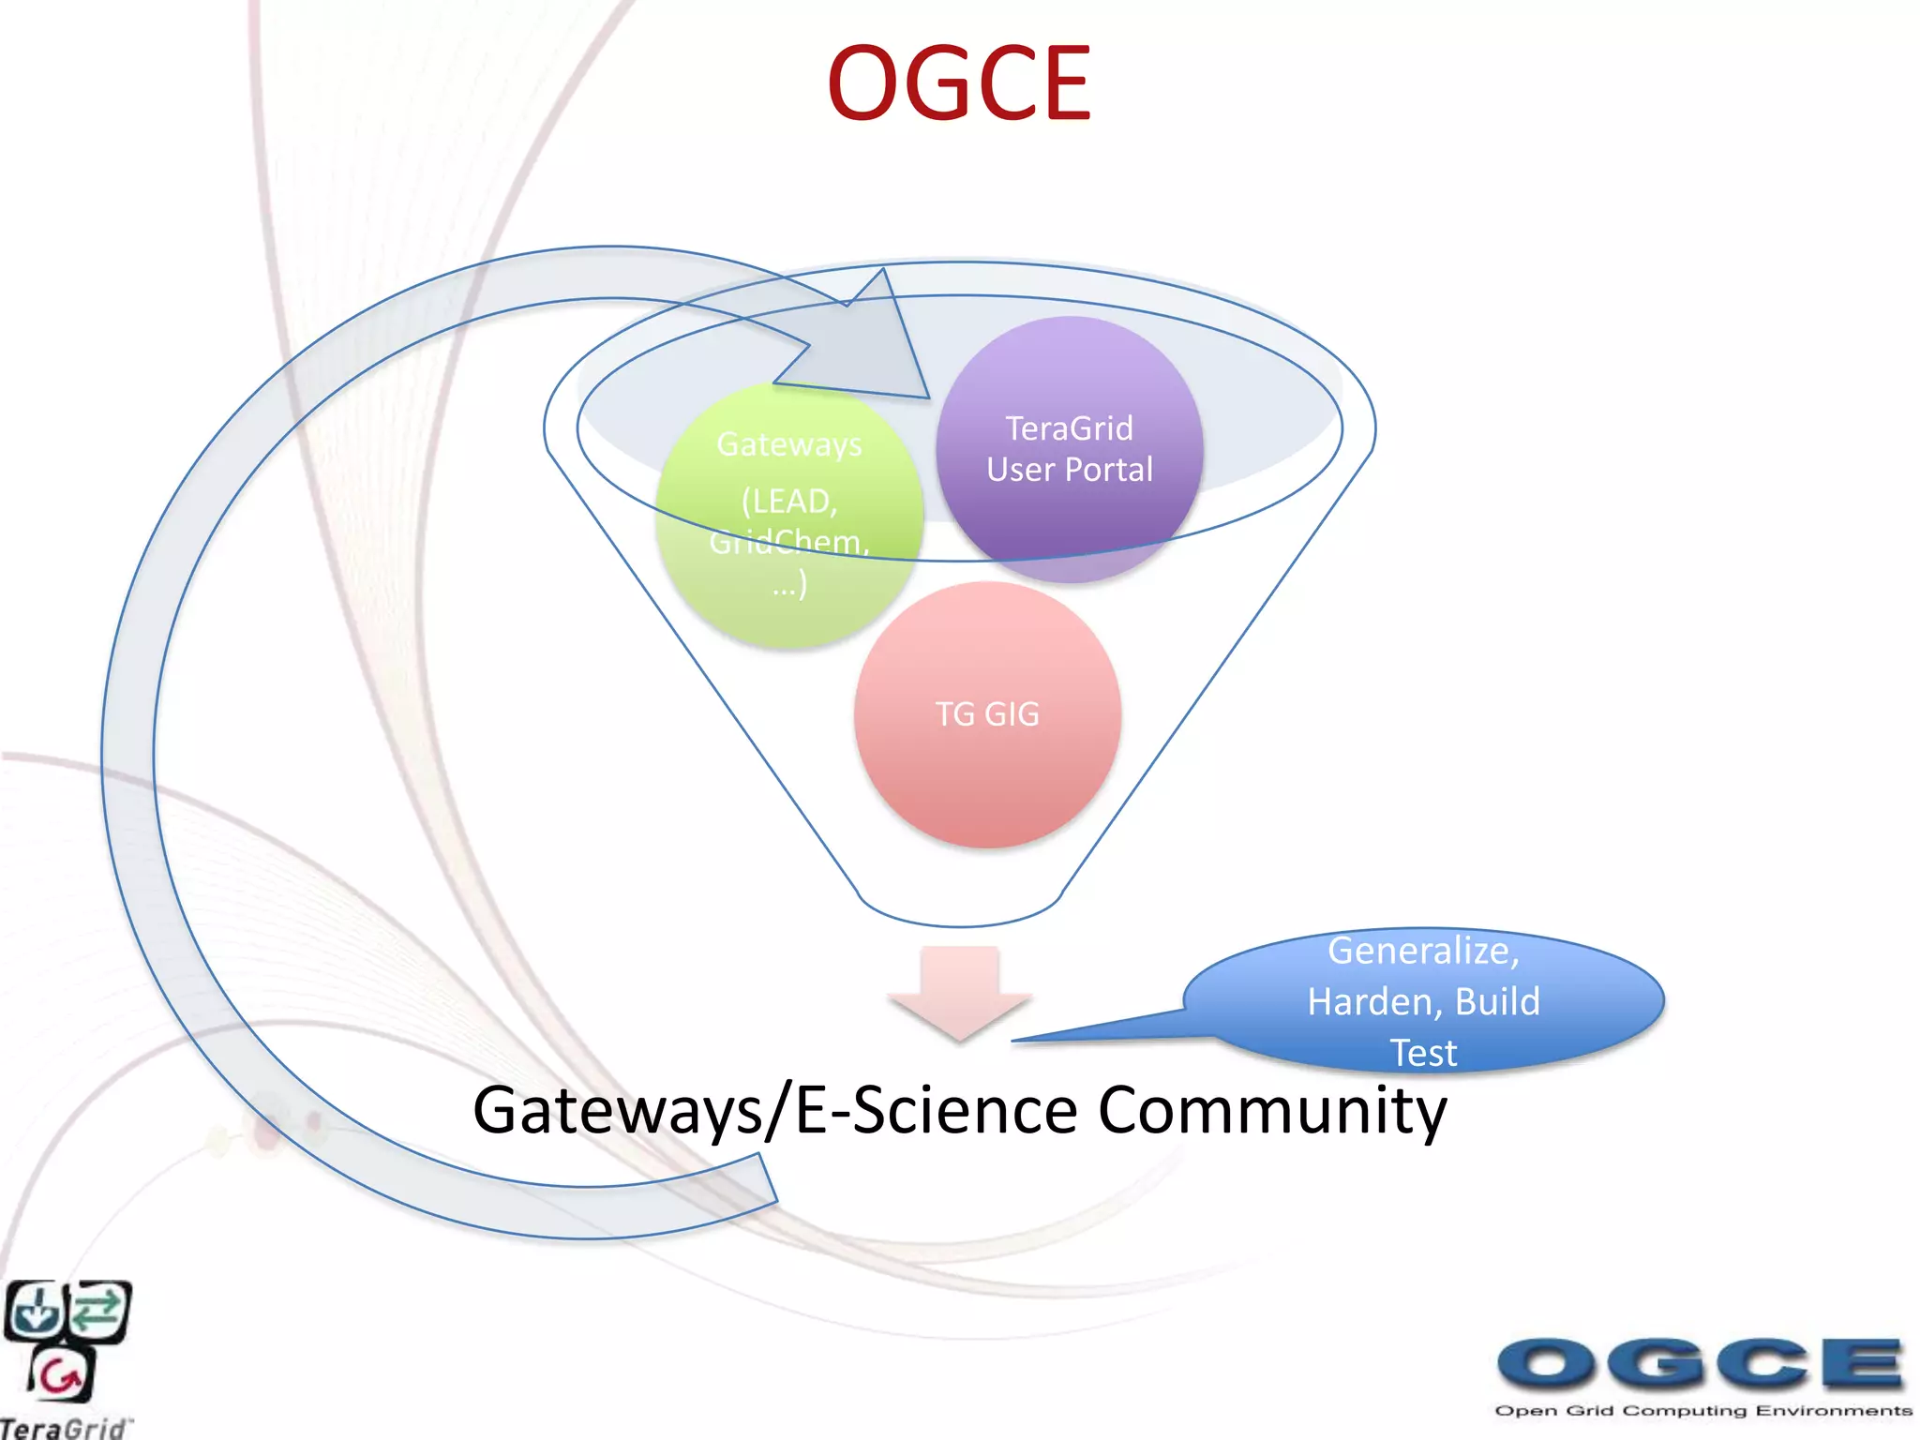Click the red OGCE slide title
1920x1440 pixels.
(x=958, y=84)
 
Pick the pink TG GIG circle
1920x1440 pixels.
(x=987, y=714)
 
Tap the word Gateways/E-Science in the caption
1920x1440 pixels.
(x=774, y=1111)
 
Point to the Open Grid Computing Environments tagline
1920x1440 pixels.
(x=1702, y=1411)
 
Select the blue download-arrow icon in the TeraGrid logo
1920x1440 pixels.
(x=34, y=1310)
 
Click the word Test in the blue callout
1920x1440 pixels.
(x=1423, y=1053)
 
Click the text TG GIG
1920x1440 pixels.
(x=987, y=714)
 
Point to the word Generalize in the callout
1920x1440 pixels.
(x=1422, y=951)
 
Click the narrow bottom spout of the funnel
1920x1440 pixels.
(x=960, y=905)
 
